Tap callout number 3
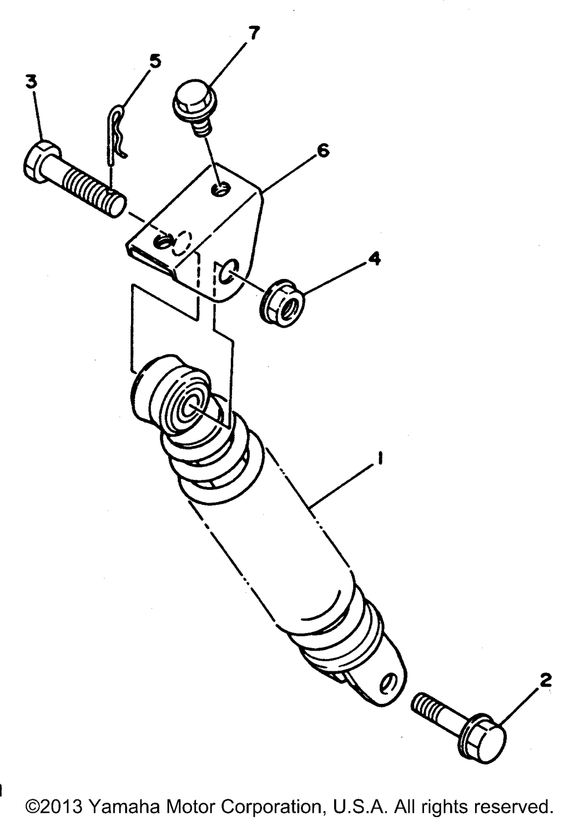pyautogui.click(x=31, y=82)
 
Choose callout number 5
pyautogui.click(x=154, y=61)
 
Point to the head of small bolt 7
pyautogui.click(x=194, y=102)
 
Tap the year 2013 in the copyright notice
pyautogui.click(x=62, y=807)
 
